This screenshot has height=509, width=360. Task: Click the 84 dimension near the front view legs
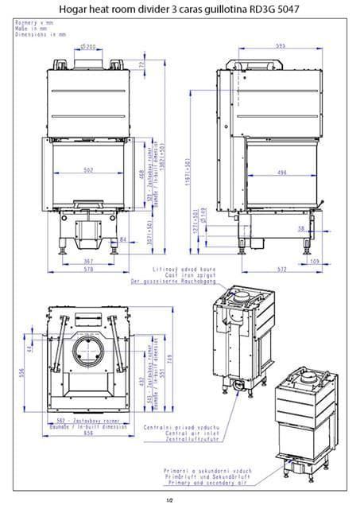122,238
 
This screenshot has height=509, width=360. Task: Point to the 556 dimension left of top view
22,371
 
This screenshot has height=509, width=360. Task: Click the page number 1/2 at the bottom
168,500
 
